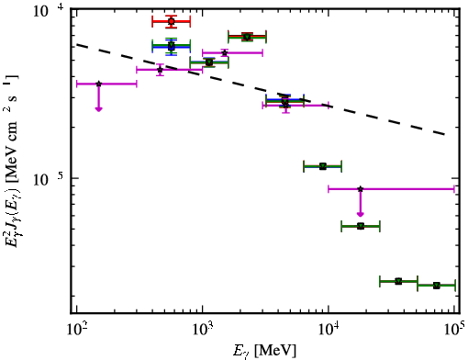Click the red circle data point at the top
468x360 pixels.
click(172, 21)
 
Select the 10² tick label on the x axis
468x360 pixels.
click(77, 330)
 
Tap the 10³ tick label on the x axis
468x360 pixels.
click(203, 330)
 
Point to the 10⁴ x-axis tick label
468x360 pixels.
click(329, 330)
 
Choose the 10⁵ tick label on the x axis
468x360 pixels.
click(455, 330)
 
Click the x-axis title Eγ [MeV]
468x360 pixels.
click(264, 351)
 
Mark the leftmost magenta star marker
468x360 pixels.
click(98, 84)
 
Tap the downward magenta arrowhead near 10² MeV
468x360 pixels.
click(98, 108)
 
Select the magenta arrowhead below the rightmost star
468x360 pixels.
click(361, 213)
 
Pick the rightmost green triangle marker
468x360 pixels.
click(437, 286)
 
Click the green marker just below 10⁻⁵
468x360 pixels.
click(323, 166)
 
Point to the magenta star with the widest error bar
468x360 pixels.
click(361, 189)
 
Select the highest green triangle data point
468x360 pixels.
click(247, 37)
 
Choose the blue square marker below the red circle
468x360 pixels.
click(172, 47)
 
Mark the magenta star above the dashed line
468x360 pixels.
click(225, 53)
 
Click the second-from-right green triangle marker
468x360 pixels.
click(398, 281)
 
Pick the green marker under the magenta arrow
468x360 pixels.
click(361, 226)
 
